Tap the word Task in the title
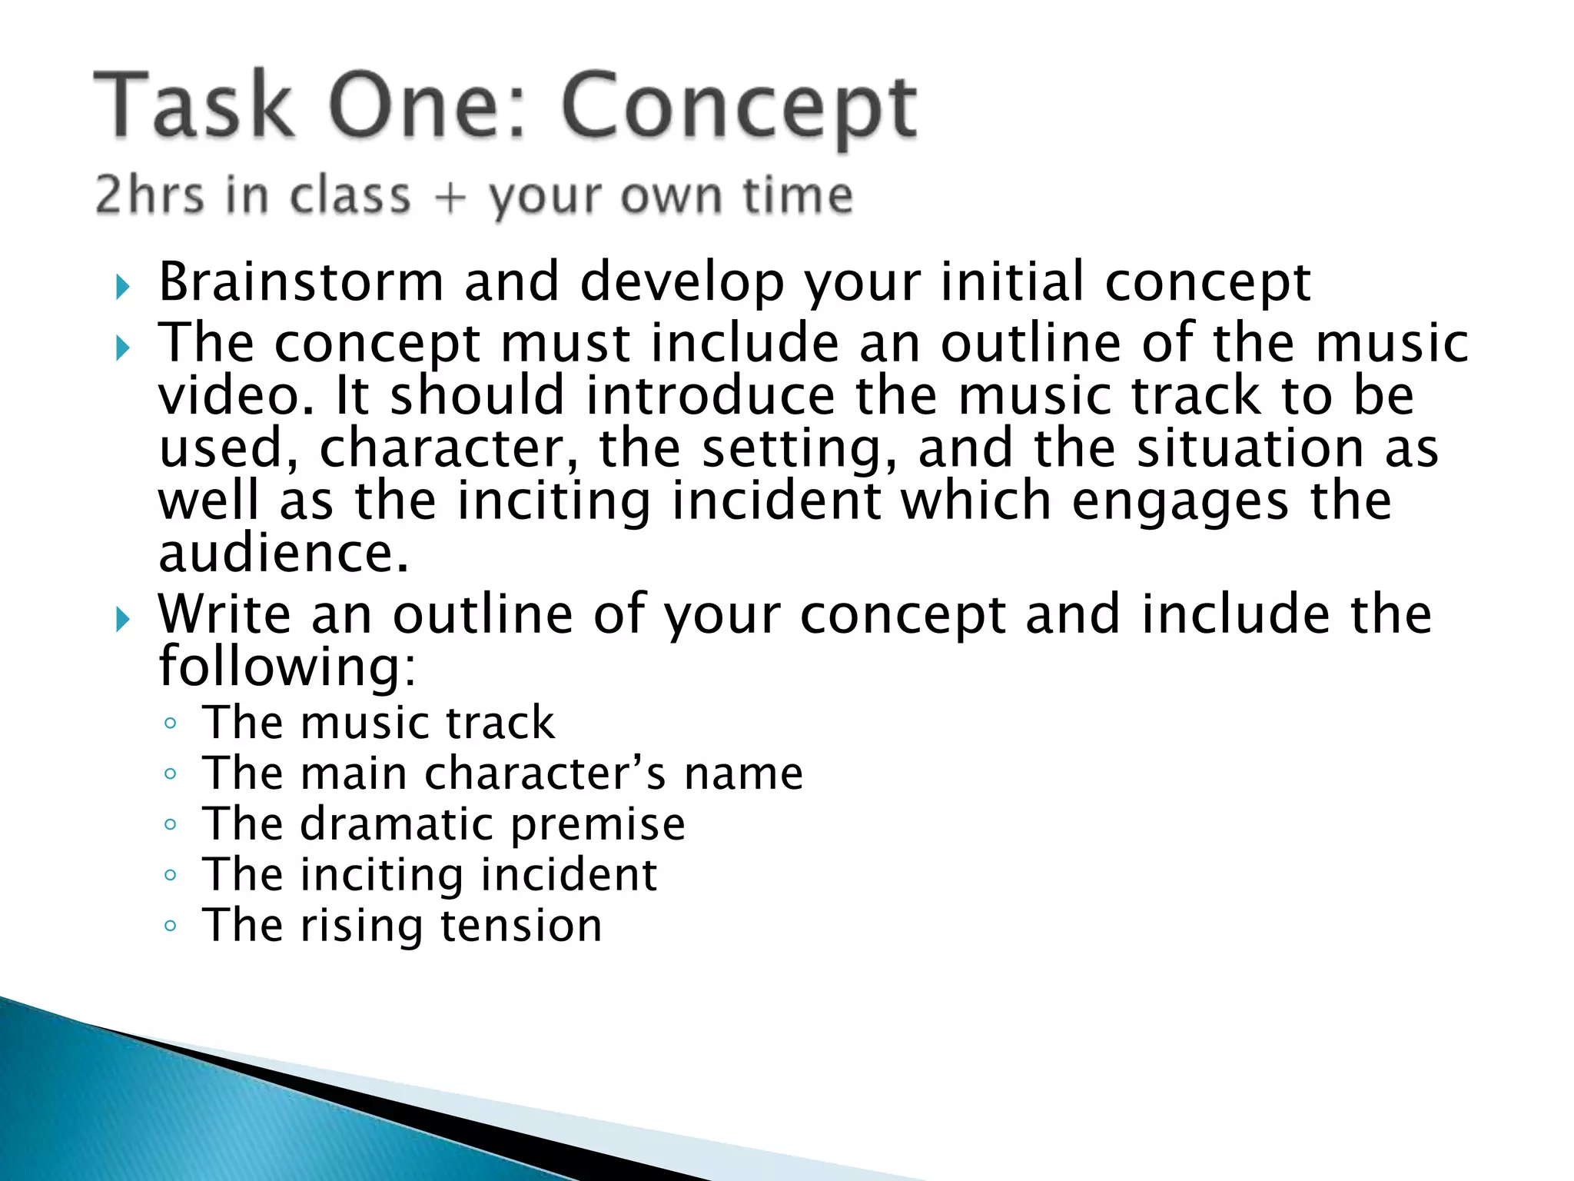(194, 106)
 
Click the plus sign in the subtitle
(450, 197)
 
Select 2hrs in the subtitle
(149, 195)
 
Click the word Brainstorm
(301, 281)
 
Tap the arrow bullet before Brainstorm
(123, 288)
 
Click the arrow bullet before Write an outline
(123, 619)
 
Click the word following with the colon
(286, 666)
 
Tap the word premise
(598, 824)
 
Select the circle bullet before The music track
(171, 724)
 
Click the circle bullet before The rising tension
(171, 926)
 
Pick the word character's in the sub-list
(544, 773)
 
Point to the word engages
(1180, 501)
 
